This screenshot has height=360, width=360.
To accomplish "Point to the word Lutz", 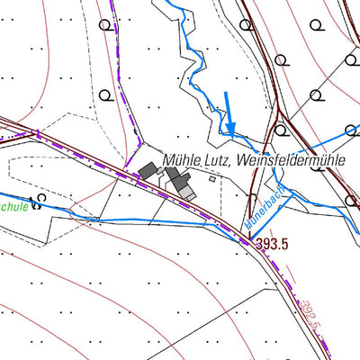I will pos(220,160).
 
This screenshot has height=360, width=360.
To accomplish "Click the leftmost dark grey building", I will pos(147,170).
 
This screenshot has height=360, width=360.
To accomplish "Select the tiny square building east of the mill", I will pos(213,178).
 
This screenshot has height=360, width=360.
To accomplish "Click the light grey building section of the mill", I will pos(186,193).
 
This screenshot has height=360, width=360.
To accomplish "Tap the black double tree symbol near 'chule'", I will pos(36,202).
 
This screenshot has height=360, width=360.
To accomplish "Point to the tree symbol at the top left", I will pos(110,26).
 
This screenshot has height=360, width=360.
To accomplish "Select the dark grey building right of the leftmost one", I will pos(172,175).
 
